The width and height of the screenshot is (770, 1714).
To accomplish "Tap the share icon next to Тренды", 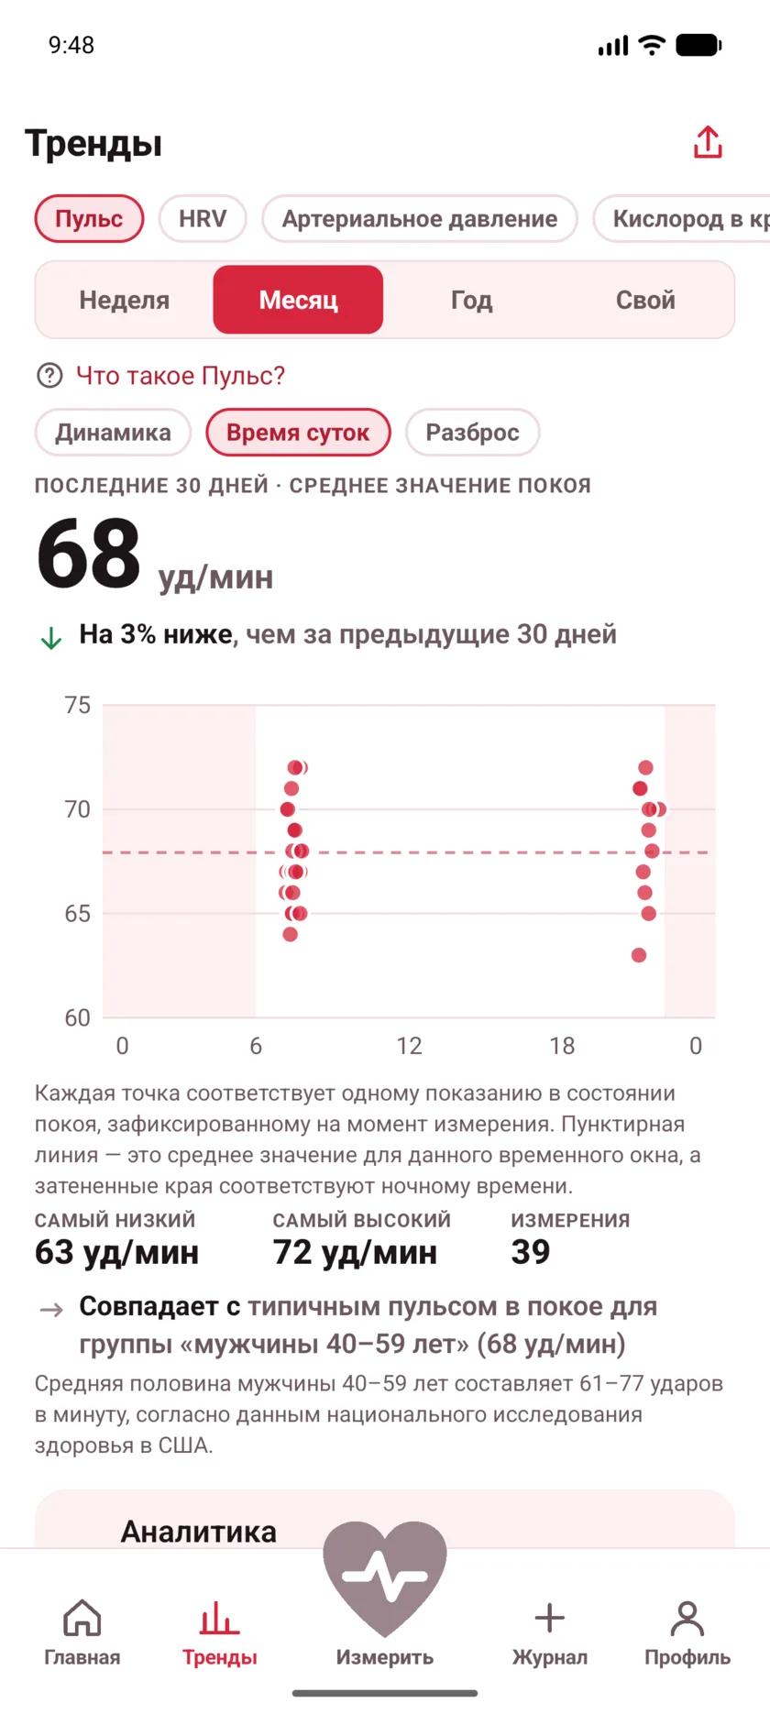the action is tap(708, 142).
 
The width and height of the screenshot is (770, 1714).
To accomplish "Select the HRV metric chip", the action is tap(203, 219).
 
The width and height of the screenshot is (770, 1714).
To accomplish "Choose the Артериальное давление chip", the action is tap(420, 219).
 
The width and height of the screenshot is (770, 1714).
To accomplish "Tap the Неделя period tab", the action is tap(125, 300).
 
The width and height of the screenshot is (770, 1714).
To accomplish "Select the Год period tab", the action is tap(472, 300).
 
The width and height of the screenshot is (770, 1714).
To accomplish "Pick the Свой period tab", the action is tap(645, 300).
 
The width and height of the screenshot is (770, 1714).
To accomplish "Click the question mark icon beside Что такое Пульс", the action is tap(49, 376).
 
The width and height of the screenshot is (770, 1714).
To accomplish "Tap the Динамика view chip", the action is tap(113, 433).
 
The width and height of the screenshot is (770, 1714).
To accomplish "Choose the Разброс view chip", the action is tap(472, 433).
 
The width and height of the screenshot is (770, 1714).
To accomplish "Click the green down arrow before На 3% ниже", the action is tap(51, 638).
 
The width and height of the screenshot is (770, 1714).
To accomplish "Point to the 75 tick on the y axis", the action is tap(78, 705).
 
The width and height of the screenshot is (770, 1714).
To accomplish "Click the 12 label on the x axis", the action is tap(409, 1046).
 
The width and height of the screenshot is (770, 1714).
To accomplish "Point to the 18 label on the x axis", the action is tap(562, 1046).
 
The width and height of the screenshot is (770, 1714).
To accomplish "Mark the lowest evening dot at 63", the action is tap(639, 955).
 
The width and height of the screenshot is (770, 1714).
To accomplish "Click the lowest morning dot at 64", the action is tap(291, 934).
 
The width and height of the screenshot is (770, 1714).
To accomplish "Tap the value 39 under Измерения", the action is tap(531, 1252).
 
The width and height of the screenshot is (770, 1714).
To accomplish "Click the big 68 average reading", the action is tap(89, 555).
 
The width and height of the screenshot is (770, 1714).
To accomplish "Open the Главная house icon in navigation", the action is tap(82, 1619).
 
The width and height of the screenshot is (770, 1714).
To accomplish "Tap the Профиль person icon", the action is tap(687, 1619).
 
